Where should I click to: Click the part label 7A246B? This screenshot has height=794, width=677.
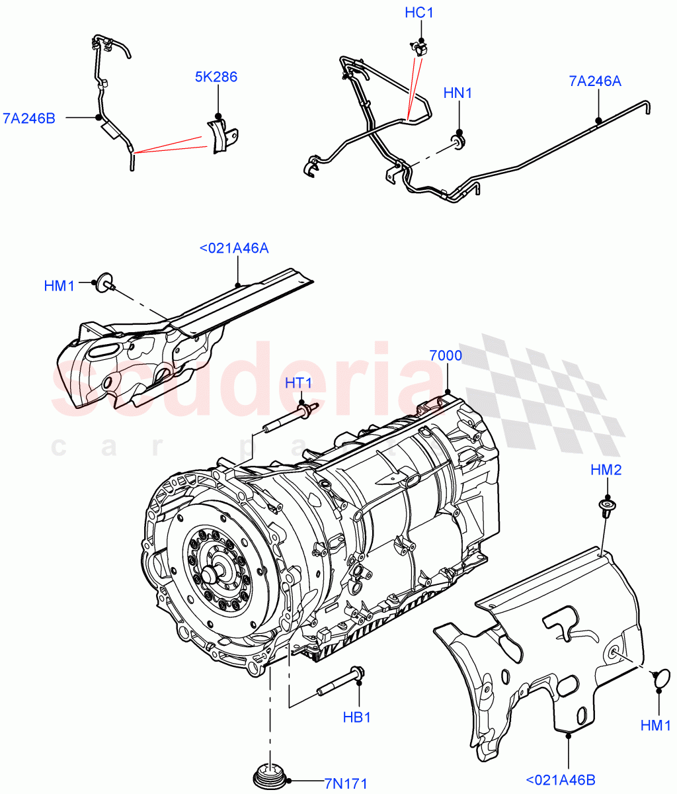click(29, 118)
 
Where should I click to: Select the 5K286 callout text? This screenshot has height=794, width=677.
click(216, 77)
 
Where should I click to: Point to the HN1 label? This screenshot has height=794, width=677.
click(458, 93)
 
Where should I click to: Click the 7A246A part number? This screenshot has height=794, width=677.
click(595, 81)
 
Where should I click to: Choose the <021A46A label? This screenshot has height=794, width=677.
click(233, 248)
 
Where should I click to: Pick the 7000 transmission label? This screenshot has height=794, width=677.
click(446, 355)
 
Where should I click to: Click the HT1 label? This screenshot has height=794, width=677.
click(299, 383)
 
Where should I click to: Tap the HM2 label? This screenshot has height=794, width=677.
click(606, 470)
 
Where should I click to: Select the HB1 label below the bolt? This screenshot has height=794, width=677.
click(357, 717)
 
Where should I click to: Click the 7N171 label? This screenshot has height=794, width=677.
click(345, 783)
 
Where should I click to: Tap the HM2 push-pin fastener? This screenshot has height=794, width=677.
click(605, 507)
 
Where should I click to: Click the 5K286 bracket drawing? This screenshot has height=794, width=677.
click(219, 136)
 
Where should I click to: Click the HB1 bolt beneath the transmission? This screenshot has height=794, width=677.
click(340, 682)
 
